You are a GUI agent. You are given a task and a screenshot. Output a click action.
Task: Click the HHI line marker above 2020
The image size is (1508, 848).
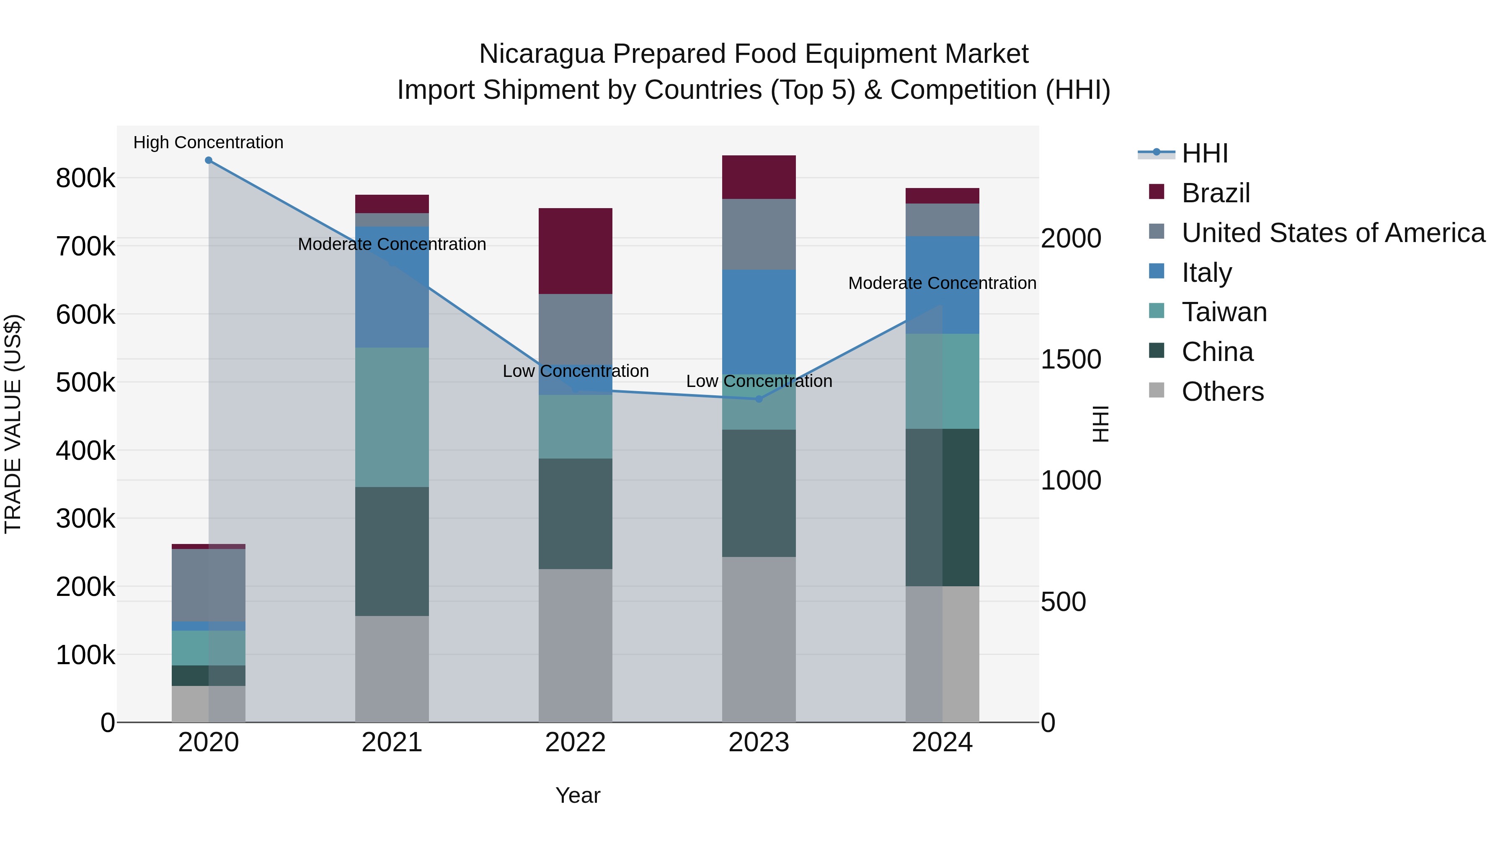coord(209,160)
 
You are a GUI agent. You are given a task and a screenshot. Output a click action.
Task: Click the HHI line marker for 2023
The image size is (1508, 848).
coord(759,399)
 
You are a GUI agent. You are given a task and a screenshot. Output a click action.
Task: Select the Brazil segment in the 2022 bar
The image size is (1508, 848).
coord(576,251)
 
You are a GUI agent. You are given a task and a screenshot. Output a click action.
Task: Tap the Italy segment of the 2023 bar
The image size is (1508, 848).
coord(759,322)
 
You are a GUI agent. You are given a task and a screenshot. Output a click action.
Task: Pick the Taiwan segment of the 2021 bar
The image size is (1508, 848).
coord(392,417)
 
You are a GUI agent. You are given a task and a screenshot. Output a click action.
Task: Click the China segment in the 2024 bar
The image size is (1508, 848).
coord(942,508)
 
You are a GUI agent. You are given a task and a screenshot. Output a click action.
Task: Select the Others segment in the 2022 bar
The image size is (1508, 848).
coord(576,645)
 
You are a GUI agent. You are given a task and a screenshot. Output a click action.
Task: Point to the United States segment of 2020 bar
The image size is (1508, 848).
coord(209,585)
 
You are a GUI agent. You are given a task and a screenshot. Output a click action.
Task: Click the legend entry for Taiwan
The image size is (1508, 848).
coord(1224,312)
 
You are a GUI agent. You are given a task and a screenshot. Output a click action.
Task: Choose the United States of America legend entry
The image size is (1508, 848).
coord(1332,233)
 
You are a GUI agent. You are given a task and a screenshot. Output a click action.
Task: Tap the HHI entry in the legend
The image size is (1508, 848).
coord(1204,153)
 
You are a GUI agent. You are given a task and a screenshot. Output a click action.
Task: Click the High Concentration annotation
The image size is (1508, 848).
coord(209,142)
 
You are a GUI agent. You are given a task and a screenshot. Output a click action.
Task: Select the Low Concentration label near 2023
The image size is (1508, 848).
coord(759,381)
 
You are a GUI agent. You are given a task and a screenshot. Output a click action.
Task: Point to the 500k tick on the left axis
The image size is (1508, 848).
coord(85,383)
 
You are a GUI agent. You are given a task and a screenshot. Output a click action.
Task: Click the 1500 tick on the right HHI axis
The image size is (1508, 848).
coord(1071,359)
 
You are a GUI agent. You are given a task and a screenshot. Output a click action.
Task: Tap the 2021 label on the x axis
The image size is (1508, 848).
coord(392,742)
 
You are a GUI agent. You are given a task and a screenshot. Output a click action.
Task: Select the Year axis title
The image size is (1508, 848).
coord(578,795)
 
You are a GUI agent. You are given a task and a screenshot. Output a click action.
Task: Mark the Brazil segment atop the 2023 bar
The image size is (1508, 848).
coord(759,177)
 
